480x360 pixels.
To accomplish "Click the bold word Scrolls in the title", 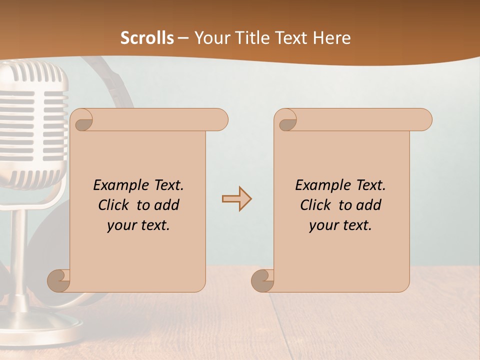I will (x=147, y=37).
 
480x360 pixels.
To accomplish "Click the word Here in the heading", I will (x=331, y=37).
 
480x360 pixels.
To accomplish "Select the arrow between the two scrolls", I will (x=236, y=199).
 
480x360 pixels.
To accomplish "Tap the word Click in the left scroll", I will (x=114, y=205).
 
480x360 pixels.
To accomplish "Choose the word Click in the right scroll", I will (x=316, y=205).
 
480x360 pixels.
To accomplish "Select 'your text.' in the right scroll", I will (x=340, y=225).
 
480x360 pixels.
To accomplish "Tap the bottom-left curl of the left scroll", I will (x=59, y=281).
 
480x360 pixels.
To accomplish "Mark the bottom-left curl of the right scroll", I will (x=263, y=281).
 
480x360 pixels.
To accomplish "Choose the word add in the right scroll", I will (x=369, y=205).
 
